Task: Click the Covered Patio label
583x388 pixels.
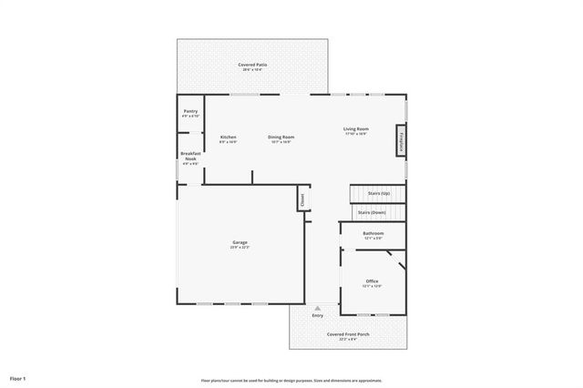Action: (252, 65)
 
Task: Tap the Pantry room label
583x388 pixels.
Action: (190, 111)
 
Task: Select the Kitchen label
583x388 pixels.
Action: (228, 138)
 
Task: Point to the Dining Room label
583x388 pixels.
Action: (281, 138)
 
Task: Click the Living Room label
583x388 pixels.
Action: (355, 129)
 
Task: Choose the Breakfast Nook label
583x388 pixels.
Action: (190, 157)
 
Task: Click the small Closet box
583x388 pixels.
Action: (301, 199)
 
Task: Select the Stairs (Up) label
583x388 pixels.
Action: (379, 194)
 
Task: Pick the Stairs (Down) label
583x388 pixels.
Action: (373, 212)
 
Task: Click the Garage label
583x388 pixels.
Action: (239, 242)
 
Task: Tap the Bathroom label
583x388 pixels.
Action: (373, 233)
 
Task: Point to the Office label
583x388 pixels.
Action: (372, 281)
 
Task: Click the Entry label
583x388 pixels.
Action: (317, 315)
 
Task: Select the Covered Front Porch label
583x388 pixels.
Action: (348, 334)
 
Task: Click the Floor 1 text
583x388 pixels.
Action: (18, 377)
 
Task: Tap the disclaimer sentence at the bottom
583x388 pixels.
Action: (291, 380)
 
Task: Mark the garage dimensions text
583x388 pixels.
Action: (239, 248)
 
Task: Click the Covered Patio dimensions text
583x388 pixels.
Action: (252, 70)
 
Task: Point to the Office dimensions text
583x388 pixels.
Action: (372, 286)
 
